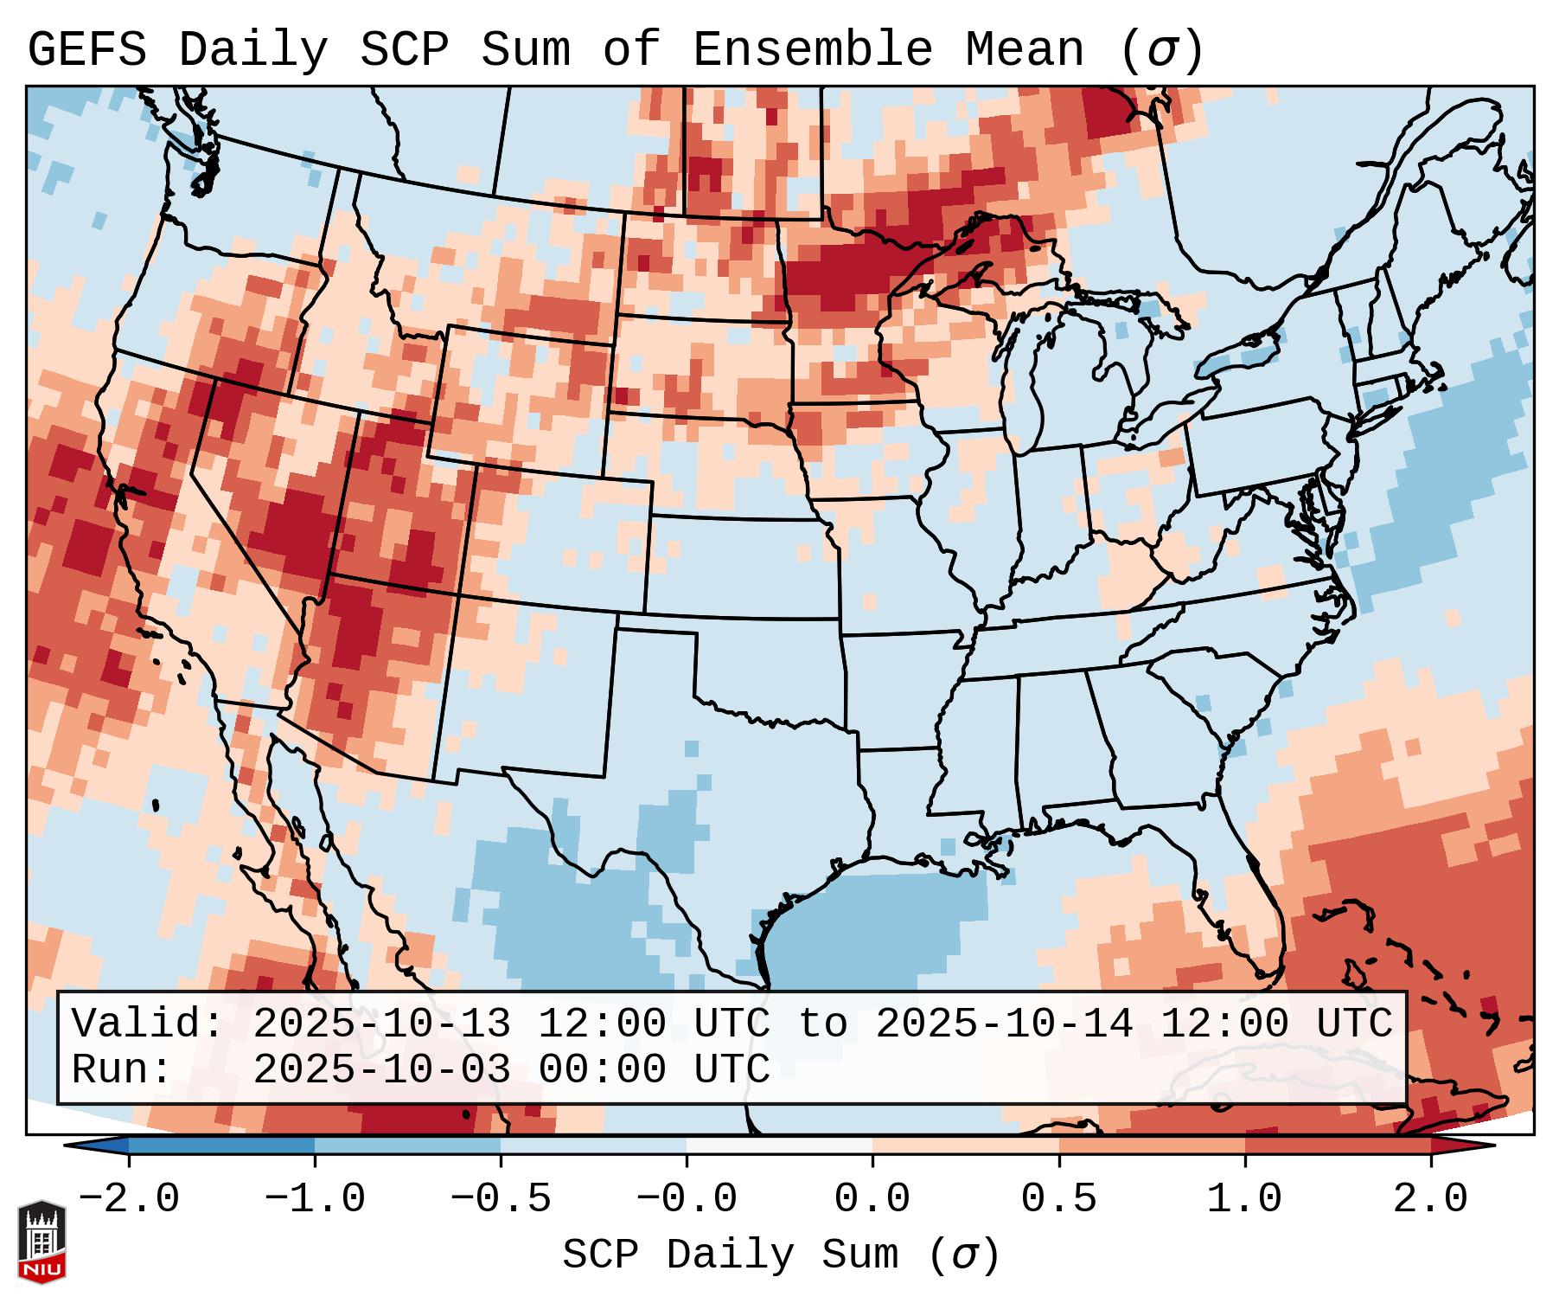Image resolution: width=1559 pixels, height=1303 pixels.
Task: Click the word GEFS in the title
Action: pos(87,50)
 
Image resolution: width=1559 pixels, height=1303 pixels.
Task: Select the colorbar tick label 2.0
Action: pos(1431,1199)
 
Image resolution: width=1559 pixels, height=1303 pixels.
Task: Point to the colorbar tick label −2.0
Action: pos(129,1199)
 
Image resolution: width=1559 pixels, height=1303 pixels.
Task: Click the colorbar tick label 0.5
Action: pos(1059,1199)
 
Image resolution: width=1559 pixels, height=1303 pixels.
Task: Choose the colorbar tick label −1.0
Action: pos(315,1199)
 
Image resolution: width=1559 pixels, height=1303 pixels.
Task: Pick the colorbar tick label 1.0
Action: pos(1245,1199)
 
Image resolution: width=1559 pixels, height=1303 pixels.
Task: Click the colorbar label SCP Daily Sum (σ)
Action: pos(781,1255)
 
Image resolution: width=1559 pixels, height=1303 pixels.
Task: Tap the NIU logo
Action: pos(42,1242)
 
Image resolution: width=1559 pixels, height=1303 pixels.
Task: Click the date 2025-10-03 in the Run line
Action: pos(381,1069)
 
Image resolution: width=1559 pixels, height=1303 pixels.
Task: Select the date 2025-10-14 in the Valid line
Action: pos(1004,1024)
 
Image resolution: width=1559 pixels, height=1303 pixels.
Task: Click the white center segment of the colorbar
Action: pos(780,1146)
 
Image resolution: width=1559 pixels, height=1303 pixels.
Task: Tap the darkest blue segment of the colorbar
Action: pos(221,1146)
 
